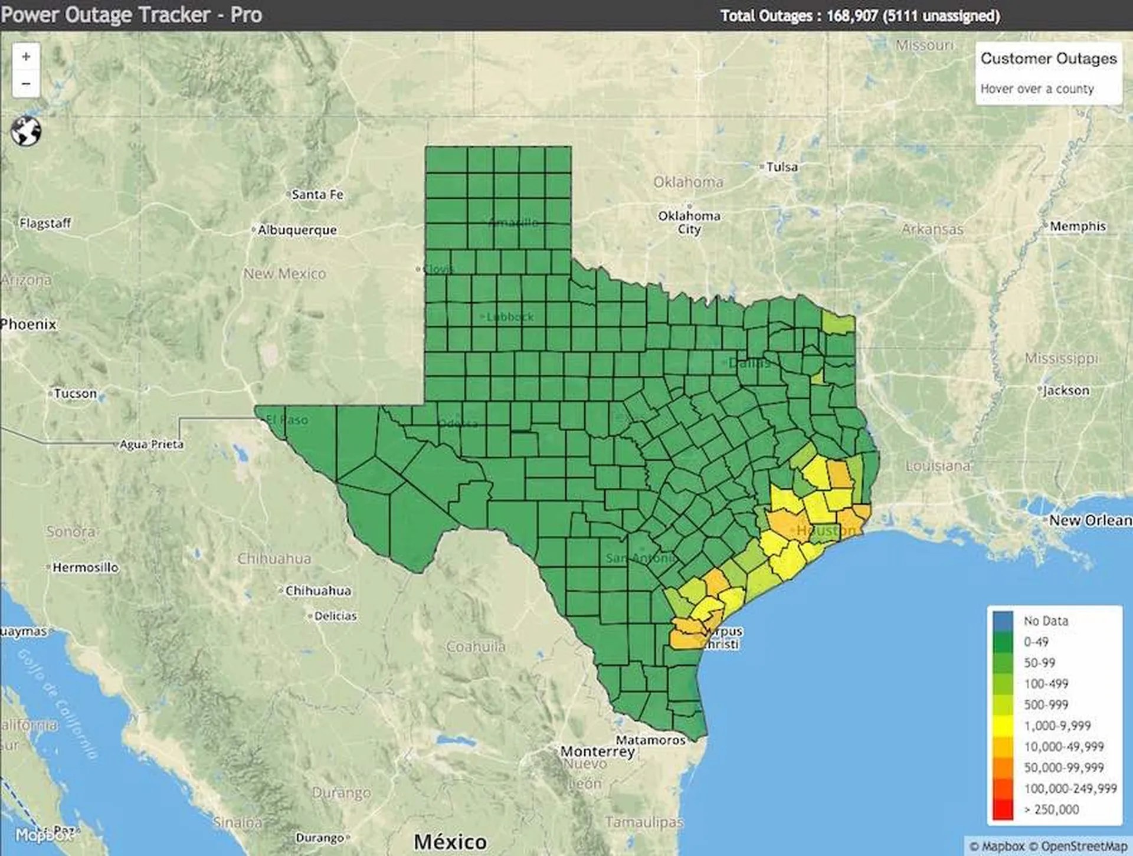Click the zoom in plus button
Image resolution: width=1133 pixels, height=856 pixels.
pos(26,57)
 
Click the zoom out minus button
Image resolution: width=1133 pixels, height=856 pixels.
pos(26,84)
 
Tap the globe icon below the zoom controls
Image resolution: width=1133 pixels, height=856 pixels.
pos(26,131)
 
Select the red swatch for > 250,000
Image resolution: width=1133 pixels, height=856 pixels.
pos(1003,809)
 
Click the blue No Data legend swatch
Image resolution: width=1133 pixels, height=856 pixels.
pos(1003,621)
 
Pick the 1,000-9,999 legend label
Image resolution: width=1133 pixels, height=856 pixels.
pos(1057,726)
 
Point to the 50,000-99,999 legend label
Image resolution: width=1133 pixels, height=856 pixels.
pos(1063,768)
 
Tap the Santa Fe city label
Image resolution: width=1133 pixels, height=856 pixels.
pos(317,195)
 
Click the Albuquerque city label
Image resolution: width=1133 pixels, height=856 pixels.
pos(297,230)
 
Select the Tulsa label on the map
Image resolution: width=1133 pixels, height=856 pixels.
pos(782,167)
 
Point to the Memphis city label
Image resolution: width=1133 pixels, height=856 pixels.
pos(1078,227)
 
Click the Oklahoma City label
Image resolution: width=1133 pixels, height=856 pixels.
pos(689,222)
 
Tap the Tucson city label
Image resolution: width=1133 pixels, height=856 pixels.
pos(75,393)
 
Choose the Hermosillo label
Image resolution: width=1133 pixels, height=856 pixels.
pos(86,568)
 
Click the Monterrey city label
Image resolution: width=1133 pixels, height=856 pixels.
pos(597,752)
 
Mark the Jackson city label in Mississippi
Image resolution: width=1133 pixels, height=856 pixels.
pos(1066,391)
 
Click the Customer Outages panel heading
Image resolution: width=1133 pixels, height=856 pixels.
pos(1049,58)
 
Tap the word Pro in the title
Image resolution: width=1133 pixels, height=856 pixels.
pos(246,15)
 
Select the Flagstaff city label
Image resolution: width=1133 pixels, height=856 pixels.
pos(45,224)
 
